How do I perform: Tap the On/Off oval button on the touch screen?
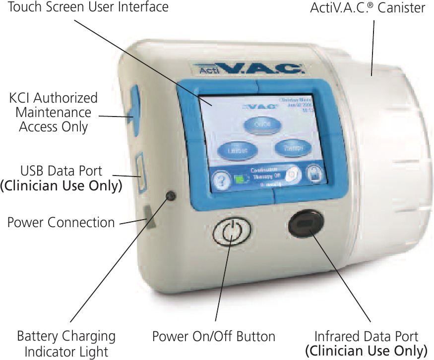tap(262, 124)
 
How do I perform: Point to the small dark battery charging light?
tap(172, 196)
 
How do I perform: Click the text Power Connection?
tap(61, 222)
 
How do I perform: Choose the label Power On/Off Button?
tap(213, 337)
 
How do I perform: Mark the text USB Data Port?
tap(61, 171)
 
